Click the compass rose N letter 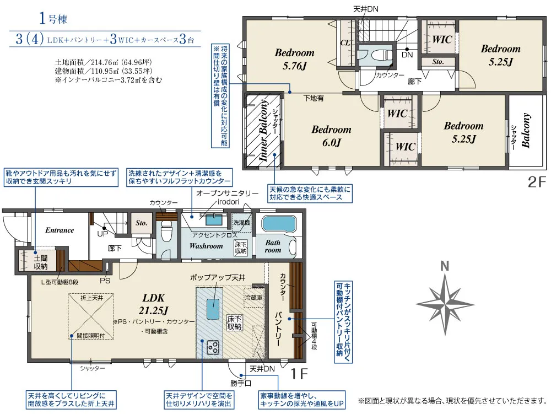tap(445, 266)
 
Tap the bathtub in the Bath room tap(279, 223)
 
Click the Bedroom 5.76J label tap(294, 59)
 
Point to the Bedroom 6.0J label tap(331, 136)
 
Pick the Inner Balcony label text tap(263, 130)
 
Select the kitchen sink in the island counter tap(213, 309)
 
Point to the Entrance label tap(60, 230)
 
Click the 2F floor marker tap(537, 182)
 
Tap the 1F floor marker tap(299, 374)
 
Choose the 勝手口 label tap(241, 383)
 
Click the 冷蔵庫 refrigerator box tap(253, 298)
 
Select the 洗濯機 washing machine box tap(242, 223)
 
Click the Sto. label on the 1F tap(141, 223)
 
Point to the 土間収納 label tap(41, 262)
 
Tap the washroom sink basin tap(214, 219)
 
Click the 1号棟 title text tap(53, 18)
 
